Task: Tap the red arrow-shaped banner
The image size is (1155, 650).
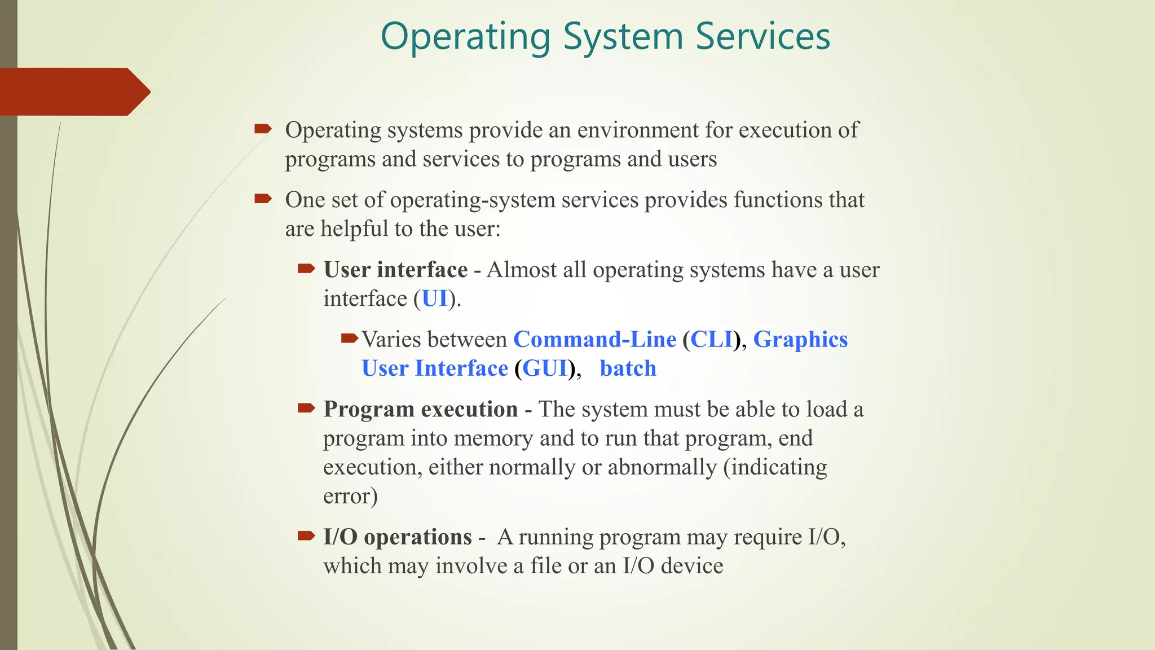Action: tap(73, 91)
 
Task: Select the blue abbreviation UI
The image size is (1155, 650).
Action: tap(434, 298)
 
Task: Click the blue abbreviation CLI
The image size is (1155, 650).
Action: tap(711, 339)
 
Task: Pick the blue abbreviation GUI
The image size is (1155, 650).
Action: tap(545, 368)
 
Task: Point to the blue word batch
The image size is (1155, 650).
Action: tap(628, 368)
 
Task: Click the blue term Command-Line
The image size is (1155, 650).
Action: tap(594, 339)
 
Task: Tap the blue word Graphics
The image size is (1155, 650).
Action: tap(800, 339)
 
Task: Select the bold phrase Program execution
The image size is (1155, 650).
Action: tap(421, 409)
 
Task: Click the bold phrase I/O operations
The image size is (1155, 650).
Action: tap(398, 537)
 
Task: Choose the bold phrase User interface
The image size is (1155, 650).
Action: tap(395, 270)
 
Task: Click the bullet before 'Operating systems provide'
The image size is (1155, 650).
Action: tap(263, 129)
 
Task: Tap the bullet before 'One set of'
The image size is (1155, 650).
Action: tap(263, 199)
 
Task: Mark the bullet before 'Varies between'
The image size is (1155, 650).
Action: tap(349, 339)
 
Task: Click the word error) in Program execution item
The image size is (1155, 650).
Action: tap(350, 496)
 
